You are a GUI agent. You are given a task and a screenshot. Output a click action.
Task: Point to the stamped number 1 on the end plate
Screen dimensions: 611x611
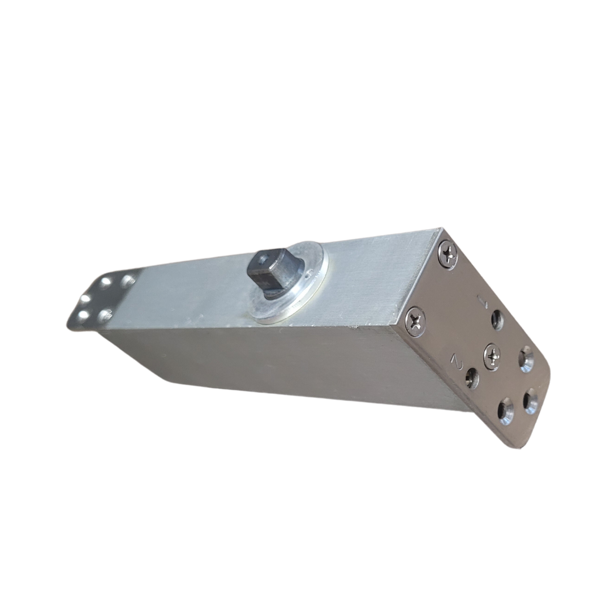[483, 301]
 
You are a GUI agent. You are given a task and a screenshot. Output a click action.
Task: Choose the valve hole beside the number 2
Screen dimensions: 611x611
[472, 378]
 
